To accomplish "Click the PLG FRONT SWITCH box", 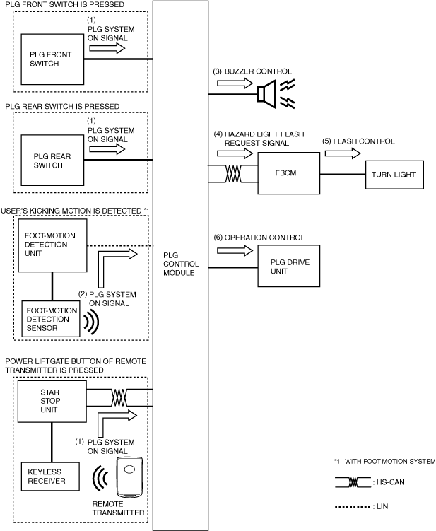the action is click(x=52, y=59).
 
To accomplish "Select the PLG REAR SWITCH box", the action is click(x=52, y=161).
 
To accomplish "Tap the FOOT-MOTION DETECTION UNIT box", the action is click(x=52, y=245).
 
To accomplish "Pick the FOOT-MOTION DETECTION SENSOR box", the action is click(x=51, y=319).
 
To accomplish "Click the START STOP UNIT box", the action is click(x=52, y=402).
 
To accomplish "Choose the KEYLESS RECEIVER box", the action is click(x=50, y=477).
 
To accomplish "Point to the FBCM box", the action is click(x=289, y=173).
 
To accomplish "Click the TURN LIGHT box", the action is click(x=394, y=175).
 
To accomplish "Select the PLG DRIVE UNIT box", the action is click(x=289, y=266).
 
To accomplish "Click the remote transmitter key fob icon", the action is click(x=129, y=477).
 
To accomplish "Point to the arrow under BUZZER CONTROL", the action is click(x=235, y=83).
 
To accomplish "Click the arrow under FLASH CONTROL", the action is click(x=343, y=153).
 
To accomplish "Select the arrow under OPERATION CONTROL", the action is click(x=235, y=250).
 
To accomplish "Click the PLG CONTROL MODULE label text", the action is click(x=181, y=264).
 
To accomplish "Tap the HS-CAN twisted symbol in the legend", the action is click(x=353, y=482).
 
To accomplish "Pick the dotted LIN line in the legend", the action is click(x=353, y=507).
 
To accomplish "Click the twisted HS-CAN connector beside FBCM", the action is click(x=233, y=174).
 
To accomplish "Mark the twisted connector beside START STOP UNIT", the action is click(x=119, y=397).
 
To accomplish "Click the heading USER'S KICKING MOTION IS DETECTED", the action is click(x=71, y=211).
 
